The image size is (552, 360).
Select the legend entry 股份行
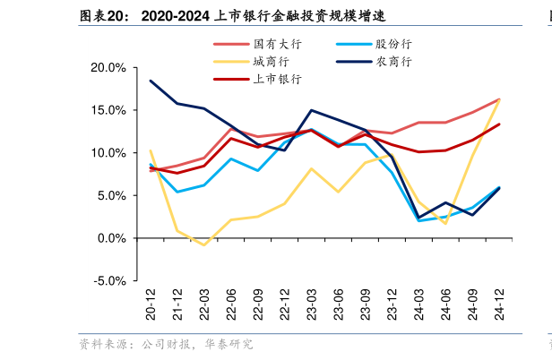[393, 44]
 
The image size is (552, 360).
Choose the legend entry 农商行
[393, 62]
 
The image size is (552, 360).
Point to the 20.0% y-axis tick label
[108, 68]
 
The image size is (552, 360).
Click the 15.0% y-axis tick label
[108, 110]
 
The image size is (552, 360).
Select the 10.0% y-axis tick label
[108, 153]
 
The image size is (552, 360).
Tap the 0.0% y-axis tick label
[111, 238]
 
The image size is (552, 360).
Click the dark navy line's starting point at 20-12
[151, 81]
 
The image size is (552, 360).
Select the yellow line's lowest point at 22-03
[204, 245]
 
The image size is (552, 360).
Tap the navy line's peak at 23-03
[311, 110]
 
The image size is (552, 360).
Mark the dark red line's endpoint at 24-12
[499, 124]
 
